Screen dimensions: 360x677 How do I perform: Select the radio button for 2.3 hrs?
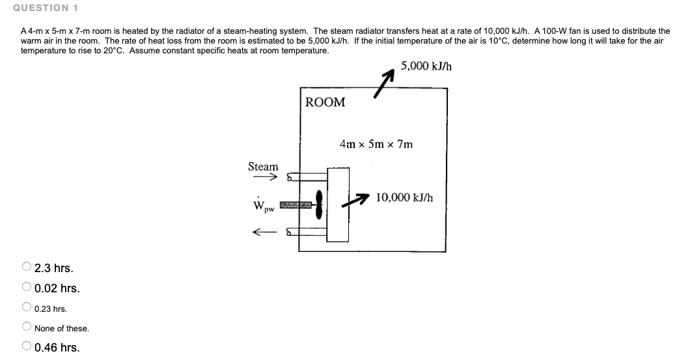coord(26,268)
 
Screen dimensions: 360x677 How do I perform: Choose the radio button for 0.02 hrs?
coord(26,288)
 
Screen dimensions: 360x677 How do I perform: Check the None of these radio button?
coord(26,328)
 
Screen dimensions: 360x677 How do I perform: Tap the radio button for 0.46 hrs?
coord(26,347)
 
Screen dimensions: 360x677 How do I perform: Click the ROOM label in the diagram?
coord(325,102)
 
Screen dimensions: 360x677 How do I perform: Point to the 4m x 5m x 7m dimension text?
coord(376,144)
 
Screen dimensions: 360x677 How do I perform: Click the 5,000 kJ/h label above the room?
coord(426,66)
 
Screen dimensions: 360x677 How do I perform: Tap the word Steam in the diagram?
coord(263,167)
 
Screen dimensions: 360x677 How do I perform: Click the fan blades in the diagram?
coord(320,205)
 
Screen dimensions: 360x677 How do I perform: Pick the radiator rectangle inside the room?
coord(338,204)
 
